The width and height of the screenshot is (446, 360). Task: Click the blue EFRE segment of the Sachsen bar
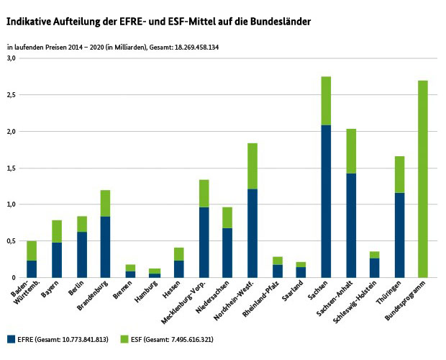click(x=326, y=202)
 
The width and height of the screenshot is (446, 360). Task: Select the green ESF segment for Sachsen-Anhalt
click(x=350, y=151)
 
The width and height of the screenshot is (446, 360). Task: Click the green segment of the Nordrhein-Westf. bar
click(x=252, y=166)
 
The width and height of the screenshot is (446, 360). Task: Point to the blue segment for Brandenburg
click(x=105, y=247)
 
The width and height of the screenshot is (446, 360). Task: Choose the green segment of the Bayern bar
click(x=56, y=231)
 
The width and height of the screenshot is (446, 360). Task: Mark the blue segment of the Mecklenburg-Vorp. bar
click(x=204, y=242)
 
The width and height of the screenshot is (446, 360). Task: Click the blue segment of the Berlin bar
click(x=81, y=254)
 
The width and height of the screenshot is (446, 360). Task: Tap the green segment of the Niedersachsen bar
click(x=228, y=217)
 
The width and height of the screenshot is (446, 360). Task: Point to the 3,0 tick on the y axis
click(x=11, y=59)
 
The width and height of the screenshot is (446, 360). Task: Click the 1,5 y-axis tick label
click(x=11, y=168)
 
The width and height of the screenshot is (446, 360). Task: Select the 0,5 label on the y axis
click(x=11, y=241)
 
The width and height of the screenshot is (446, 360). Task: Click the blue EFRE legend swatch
click(x=12, y=338)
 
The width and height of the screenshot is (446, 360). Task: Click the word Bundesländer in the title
click(x=276, y=22)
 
